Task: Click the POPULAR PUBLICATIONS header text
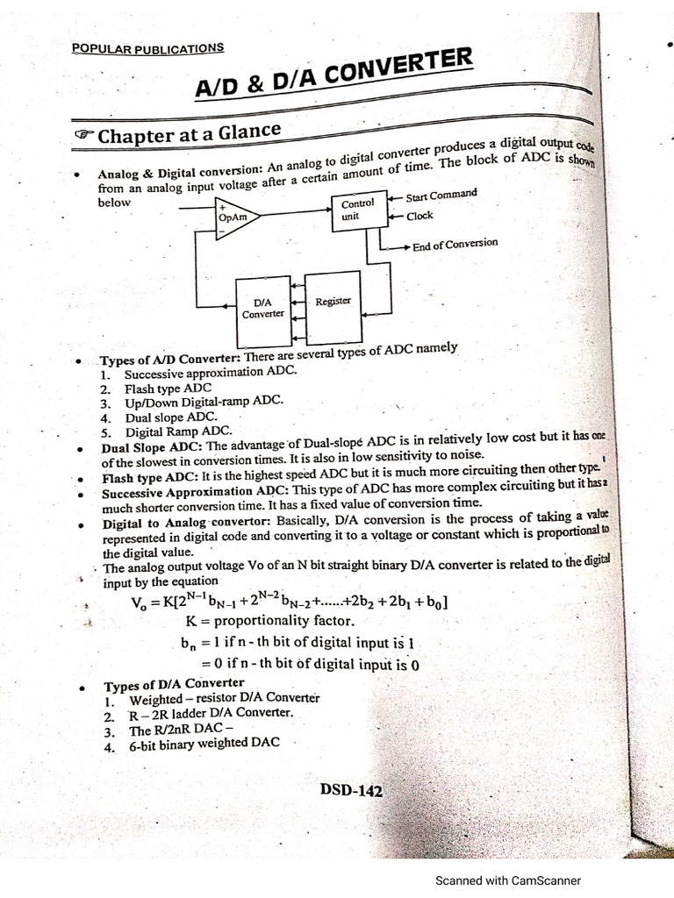coord(147,48)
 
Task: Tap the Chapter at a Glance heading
coord(189,134)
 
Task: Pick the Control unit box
coord(357,210)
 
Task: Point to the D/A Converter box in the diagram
coord(263,307)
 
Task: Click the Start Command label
coord(441,195)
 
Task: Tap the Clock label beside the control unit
coord(419,215)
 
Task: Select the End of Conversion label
coord(455,245)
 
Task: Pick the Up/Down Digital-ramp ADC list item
coord(204,402)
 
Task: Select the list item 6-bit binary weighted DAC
coord(204,745)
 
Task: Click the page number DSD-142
coord(351,791)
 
